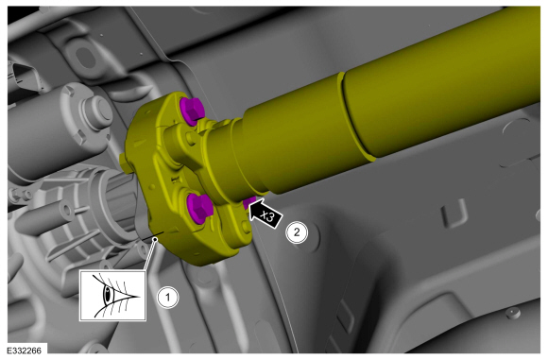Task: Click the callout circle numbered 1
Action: pyautogui.click(x=167, y=298)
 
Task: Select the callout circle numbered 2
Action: pyautogui.click(x=297, y=232)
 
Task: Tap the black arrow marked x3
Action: pyautogui.click(x=265, y=214)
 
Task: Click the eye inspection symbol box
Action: pyautogui.click(x=112, y=296)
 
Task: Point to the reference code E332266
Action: pyautogui.click(x=24, y=351)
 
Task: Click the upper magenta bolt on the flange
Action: pyautogui.click(x=191, y=111)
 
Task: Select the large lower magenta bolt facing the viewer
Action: pyautogui.click(x=197, y=208)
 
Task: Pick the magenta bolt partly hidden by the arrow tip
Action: pyautogui.click(x=249, y=202)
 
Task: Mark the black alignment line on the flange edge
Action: pyautogui.click(x=154, y=235)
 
